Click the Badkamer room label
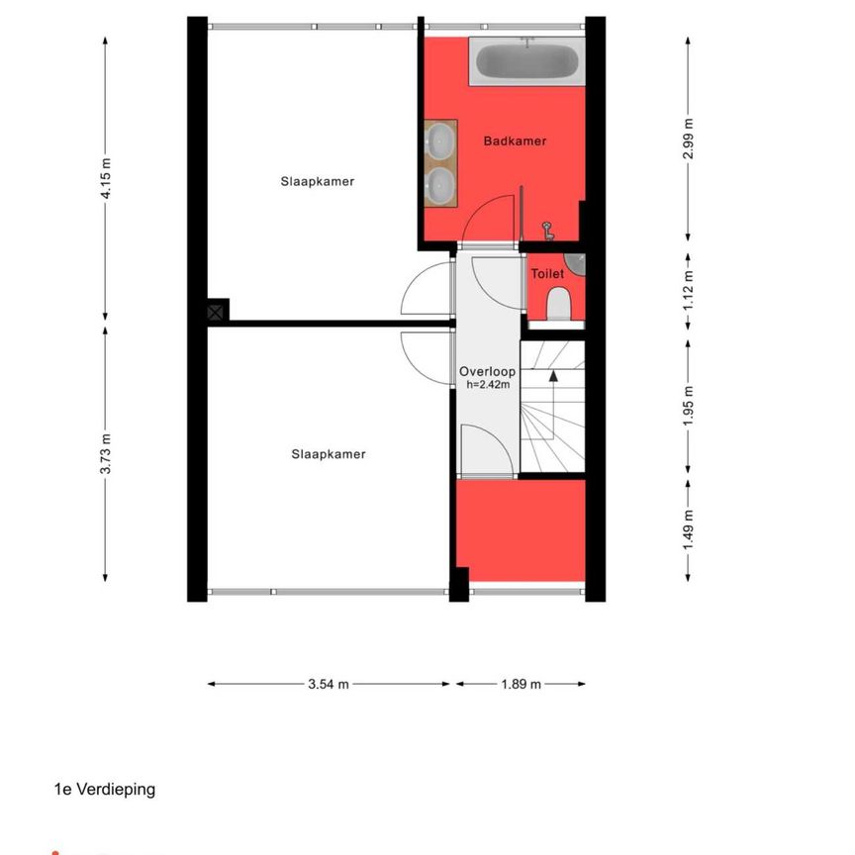point(515,142)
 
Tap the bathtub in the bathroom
point(527,61)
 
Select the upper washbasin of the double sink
point(440,141)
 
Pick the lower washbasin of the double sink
point(440,186)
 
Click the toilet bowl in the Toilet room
point(558,304)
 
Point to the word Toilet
point(547,274)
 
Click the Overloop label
point(487,372)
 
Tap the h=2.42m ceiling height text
point(488,384)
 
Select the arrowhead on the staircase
point(553,375)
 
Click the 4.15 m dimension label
point(106,178)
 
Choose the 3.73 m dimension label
point(106,453)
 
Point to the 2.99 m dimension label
point(688,139)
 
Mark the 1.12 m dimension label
point(688,291)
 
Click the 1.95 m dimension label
point(688,407)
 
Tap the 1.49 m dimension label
point(688,530)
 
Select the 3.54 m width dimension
point(329,684)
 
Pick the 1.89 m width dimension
point(522,684)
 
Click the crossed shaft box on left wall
point(216,313)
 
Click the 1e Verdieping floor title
point(105,789)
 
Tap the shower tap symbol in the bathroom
point(547,231)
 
